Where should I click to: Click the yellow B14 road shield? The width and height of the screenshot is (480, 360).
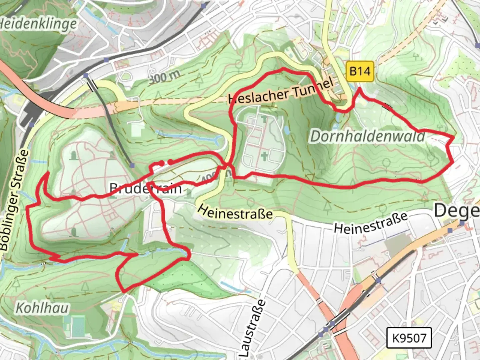click(x=360, y=71)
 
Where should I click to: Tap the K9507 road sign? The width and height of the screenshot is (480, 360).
click(x=409, y=338)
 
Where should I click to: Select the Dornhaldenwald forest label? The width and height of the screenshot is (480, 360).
click(x=368, y=136)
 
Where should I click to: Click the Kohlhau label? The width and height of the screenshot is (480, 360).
click(x=42, y=308)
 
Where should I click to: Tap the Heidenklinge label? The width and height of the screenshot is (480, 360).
click(x=37, y=24)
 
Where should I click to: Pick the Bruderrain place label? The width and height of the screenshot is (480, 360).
click(x=146, y=189)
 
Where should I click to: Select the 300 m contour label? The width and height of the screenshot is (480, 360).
click(x=164, y=77)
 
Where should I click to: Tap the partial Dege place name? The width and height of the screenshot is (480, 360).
click(x=457, y=211)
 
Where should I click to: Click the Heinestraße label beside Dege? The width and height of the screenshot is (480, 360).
click(x=371, y=223)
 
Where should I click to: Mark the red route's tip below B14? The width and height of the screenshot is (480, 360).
click(x=359, y=89)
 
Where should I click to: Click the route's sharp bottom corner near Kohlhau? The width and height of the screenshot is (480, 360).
click(x=124, y=292)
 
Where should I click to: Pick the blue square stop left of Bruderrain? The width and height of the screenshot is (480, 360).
click(x=132, y=165)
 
